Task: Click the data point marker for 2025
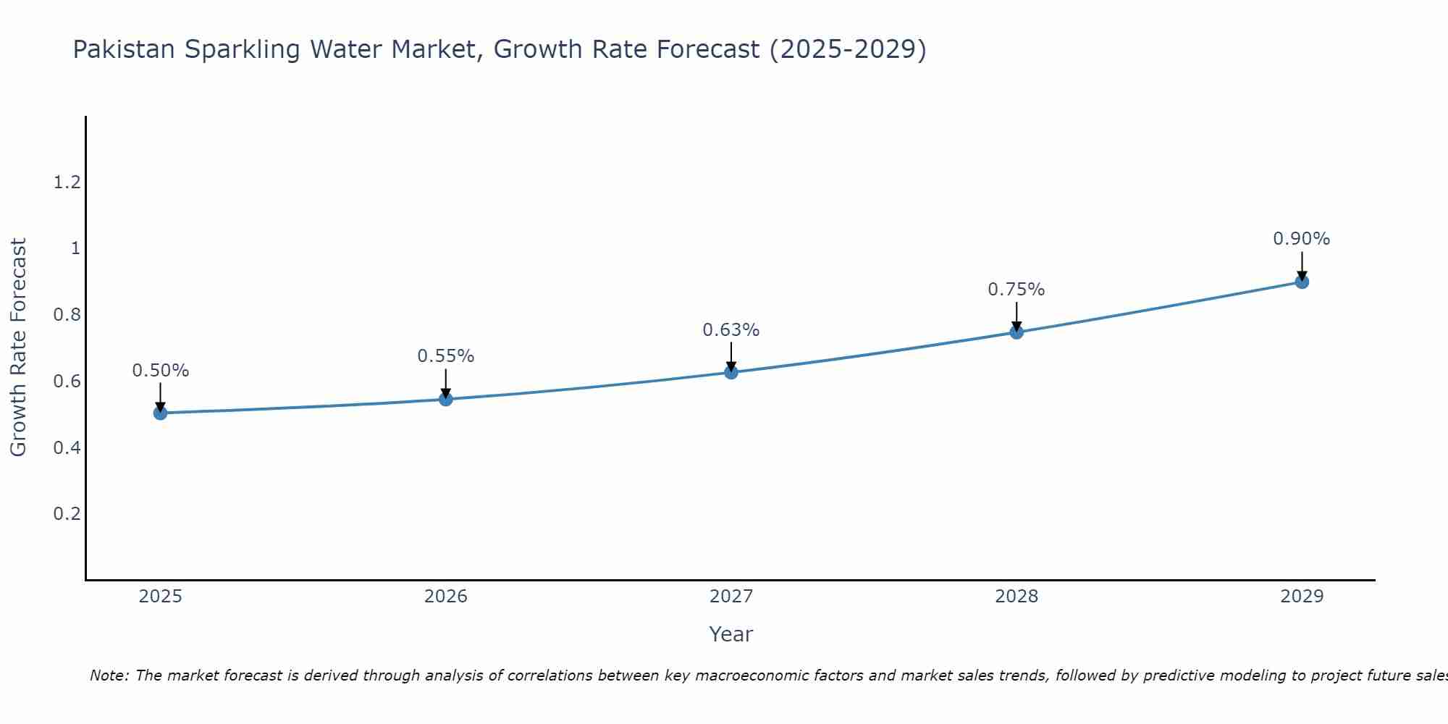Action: (160, 413)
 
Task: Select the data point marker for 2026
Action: (445, 399)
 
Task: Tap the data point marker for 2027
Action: (731, 372)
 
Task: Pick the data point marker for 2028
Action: (1016, 332)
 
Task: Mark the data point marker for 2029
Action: (1301, 282)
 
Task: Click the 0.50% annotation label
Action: (160, 371)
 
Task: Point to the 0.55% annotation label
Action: (445, 356)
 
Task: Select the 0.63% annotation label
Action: (731, 330)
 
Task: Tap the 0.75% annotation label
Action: (1016, 290)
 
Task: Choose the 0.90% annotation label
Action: (1301, 239)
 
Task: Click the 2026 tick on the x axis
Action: (445, 597)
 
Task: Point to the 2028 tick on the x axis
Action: (1016, 597)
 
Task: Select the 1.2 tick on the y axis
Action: (67, 182)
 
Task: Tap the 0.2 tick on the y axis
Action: (67, 514)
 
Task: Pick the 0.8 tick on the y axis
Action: (67, 315)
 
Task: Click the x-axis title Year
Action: (731, 634)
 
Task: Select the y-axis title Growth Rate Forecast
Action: (18, 348)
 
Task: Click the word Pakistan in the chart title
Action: (124, 49)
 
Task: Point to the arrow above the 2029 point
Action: (1301, 265)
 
